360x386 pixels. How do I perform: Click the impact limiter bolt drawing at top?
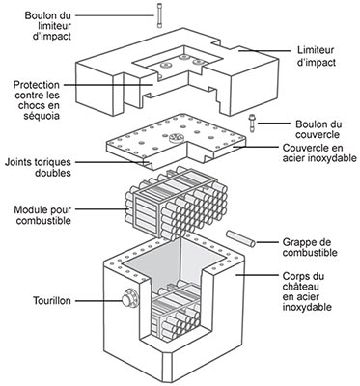pyautogui.click(x=159, y=15)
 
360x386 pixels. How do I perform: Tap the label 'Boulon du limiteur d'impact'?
pyautogui.click(x=48, y=26)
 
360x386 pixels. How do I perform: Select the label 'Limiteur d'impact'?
pyautogui.click(x=316, y=56)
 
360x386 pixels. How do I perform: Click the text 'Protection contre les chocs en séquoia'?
pyautogui.click(x=37, y=100)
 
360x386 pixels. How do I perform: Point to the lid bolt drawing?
pyautogui.click(x=251, y=123)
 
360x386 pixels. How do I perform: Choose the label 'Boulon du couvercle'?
pyautogui.click(x=318, y=129)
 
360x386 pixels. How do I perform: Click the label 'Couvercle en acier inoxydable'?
pyautogui.click(x=319, y=153)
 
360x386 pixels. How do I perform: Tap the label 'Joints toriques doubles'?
pyautogui.click(x=38, y=167)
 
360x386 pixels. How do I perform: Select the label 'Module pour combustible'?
pyautogui.click(x=42, y=215)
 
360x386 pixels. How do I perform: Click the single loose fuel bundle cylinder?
pyautogui.click(x=240, y=238)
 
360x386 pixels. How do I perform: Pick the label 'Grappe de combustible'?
pyautogui.click(x=310, y=247)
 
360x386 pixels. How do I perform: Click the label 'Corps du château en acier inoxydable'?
pyautogui.click(x=307, y=291)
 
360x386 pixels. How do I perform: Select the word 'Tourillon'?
pyautogui.click(x=52, y=301)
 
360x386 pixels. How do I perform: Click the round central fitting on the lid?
pyautogui.click(x=176, y=138)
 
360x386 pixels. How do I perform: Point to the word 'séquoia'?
pyautogui.click(x=42, y=116)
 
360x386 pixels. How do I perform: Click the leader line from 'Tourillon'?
pyautogui.click(x=98, y=301)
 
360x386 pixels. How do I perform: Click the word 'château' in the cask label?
pyautogui.click(x=299, y=287)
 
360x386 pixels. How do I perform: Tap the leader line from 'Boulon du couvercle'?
pyautogui.click(x=273, y=124)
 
